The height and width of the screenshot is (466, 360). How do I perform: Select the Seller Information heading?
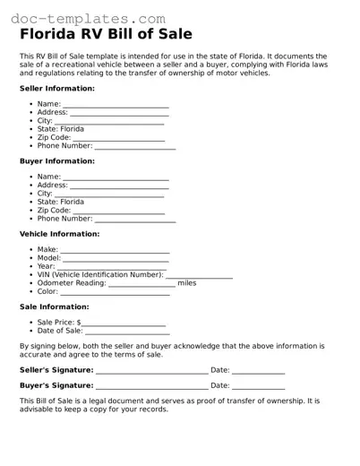[56, 89]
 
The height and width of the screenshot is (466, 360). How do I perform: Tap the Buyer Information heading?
[56, 161]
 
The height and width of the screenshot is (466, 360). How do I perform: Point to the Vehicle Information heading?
[59, 234]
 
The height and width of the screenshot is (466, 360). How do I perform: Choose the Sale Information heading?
[54, 306]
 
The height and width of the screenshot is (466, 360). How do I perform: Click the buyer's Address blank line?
[119, 186]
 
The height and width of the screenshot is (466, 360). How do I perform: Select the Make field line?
[115, 251]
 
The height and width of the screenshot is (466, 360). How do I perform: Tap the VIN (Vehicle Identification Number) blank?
[199, 276]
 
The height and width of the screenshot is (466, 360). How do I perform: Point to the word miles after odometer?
[186, 283]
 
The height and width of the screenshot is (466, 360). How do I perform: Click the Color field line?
[115, 293]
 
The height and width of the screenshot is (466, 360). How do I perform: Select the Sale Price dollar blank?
[124, 324]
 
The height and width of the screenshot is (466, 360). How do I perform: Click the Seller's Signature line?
[151, 372]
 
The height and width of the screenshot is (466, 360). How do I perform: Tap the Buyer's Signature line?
[151, 387]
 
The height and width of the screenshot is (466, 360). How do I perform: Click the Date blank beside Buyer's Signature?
[258, 387]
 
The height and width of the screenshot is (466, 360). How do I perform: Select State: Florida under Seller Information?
[61, 129]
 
